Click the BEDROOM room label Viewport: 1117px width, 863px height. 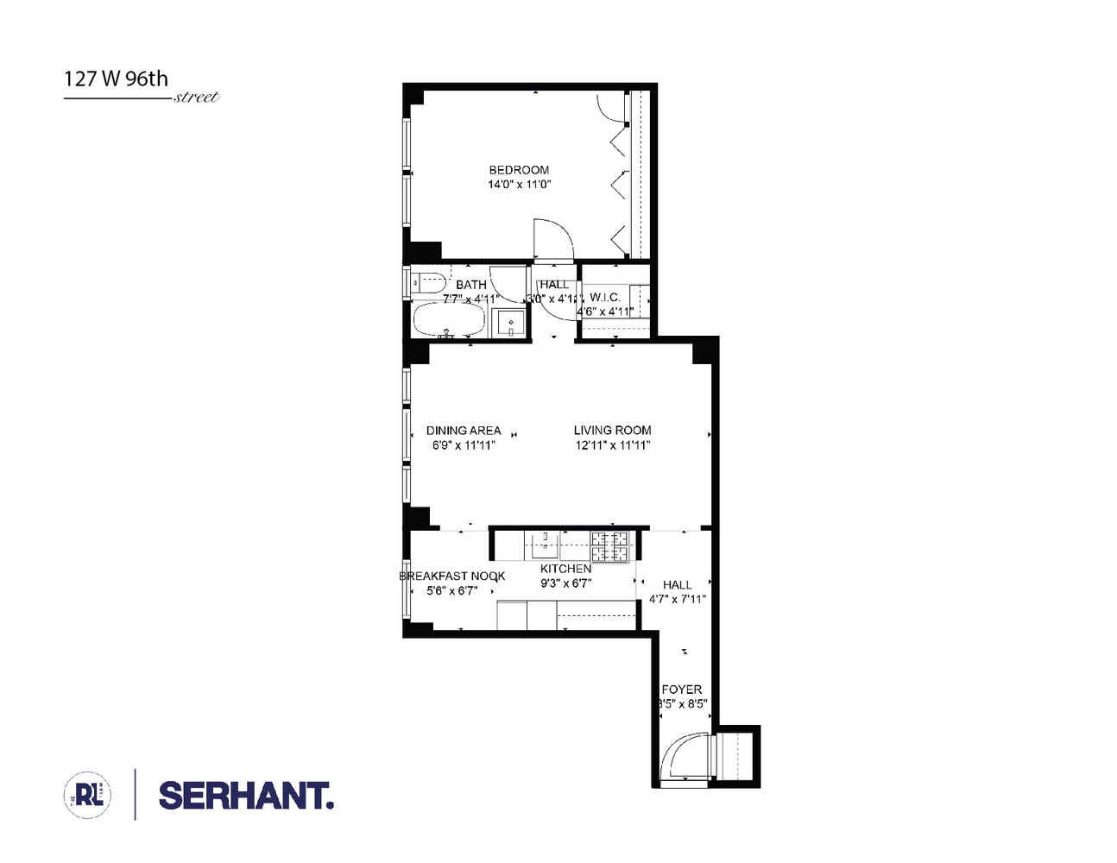coord(519,170)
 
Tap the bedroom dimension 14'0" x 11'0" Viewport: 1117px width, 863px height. coord(519,185)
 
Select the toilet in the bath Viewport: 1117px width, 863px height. coord(427,282)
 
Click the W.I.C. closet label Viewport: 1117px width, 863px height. coord(604,297)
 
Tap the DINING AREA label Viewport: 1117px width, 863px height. coord(464,431)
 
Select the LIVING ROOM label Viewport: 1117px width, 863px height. coord(612,430)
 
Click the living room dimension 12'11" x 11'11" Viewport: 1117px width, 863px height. coord(612,445)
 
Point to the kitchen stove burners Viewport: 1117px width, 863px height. coord(610,545)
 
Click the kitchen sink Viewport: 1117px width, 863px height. coord(545,544)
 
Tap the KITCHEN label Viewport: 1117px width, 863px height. coord(565,569)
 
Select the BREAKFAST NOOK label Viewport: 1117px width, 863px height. coord(452,576)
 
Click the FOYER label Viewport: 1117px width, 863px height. coord(681,690)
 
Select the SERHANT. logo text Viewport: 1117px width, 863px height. coord(246,796)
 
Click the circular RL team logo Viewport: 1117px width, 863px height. coord(88,795)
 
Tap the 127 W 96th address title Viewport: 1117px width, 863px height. coord(116,79)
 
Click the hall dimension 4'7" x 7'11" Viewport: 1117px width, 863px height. coord(678,599)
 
